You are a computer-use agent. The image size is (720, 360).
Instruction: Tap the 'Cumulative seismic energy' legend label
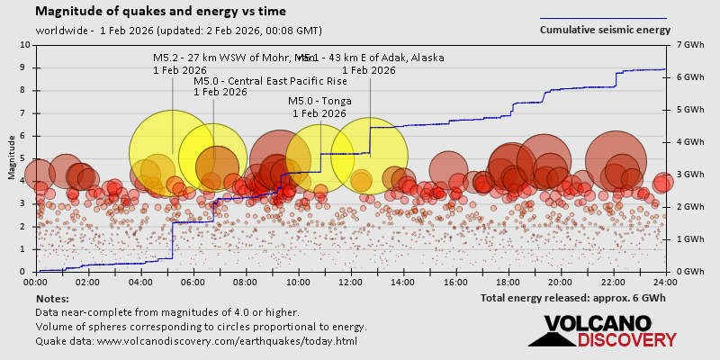pyautogui.click(x=605, y=30)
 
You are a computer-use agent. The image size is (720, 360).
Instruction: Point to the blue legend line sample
pyautogui.click(x=603, y=17)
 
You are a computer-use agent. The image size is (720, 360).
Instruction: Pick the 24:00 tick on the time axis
pyautogui.click(x=664, y=282)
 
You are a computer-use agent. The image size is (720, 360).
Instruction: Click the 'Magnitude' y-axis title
pyautogui.click(x=11, y=157)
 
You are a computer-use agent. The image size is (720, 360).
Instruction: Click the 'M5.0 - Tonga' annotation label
pyautogui.click(x=319, y=101)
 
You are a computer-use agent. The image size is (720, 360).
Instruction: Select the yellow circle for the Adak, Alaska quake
pyautogui.click(x=370, y=154)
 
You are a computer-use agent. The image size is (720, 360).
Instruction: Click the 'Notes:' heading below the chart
pyautogui.click(x=52, y=298)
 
